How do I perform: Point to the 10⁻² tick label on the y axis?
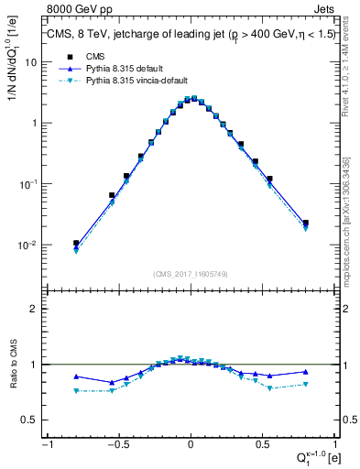click(29, 245)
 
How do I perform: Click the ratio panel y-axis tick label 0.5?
click(30, 420)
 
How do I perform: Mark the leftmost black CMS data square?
click(77, 244)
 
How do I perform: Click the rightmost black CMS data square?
click(305, 223)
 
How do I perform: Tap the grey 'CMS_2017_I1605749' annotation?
click(190, 274)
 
